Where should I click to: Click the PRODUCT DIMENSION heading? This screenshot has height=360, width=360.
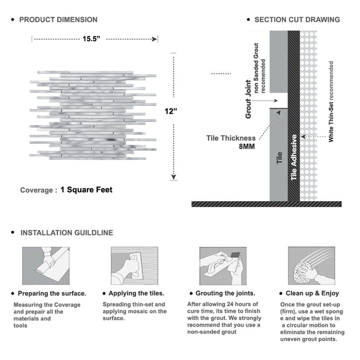tap(58, 20)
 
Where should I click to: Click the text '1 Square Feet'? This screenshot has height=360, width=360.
tap(86, 190)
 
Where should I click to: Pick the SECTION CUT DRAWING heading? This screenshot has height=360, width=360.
tap(297, 20)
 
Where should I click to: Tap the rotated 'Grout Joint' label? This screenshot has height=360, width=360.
tap(248, 99)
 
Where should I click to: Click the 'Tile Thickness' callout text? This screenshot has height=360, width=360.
tap(230, 138)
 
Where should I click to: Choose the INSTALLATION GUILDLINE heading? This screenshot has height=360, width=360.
tap(66, 232)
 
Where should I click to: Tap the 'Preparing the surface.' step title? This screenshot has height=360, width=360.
tap(51, 294)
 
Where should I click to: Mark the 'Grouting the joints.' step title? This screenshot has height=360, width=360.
tap(225, 294)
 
